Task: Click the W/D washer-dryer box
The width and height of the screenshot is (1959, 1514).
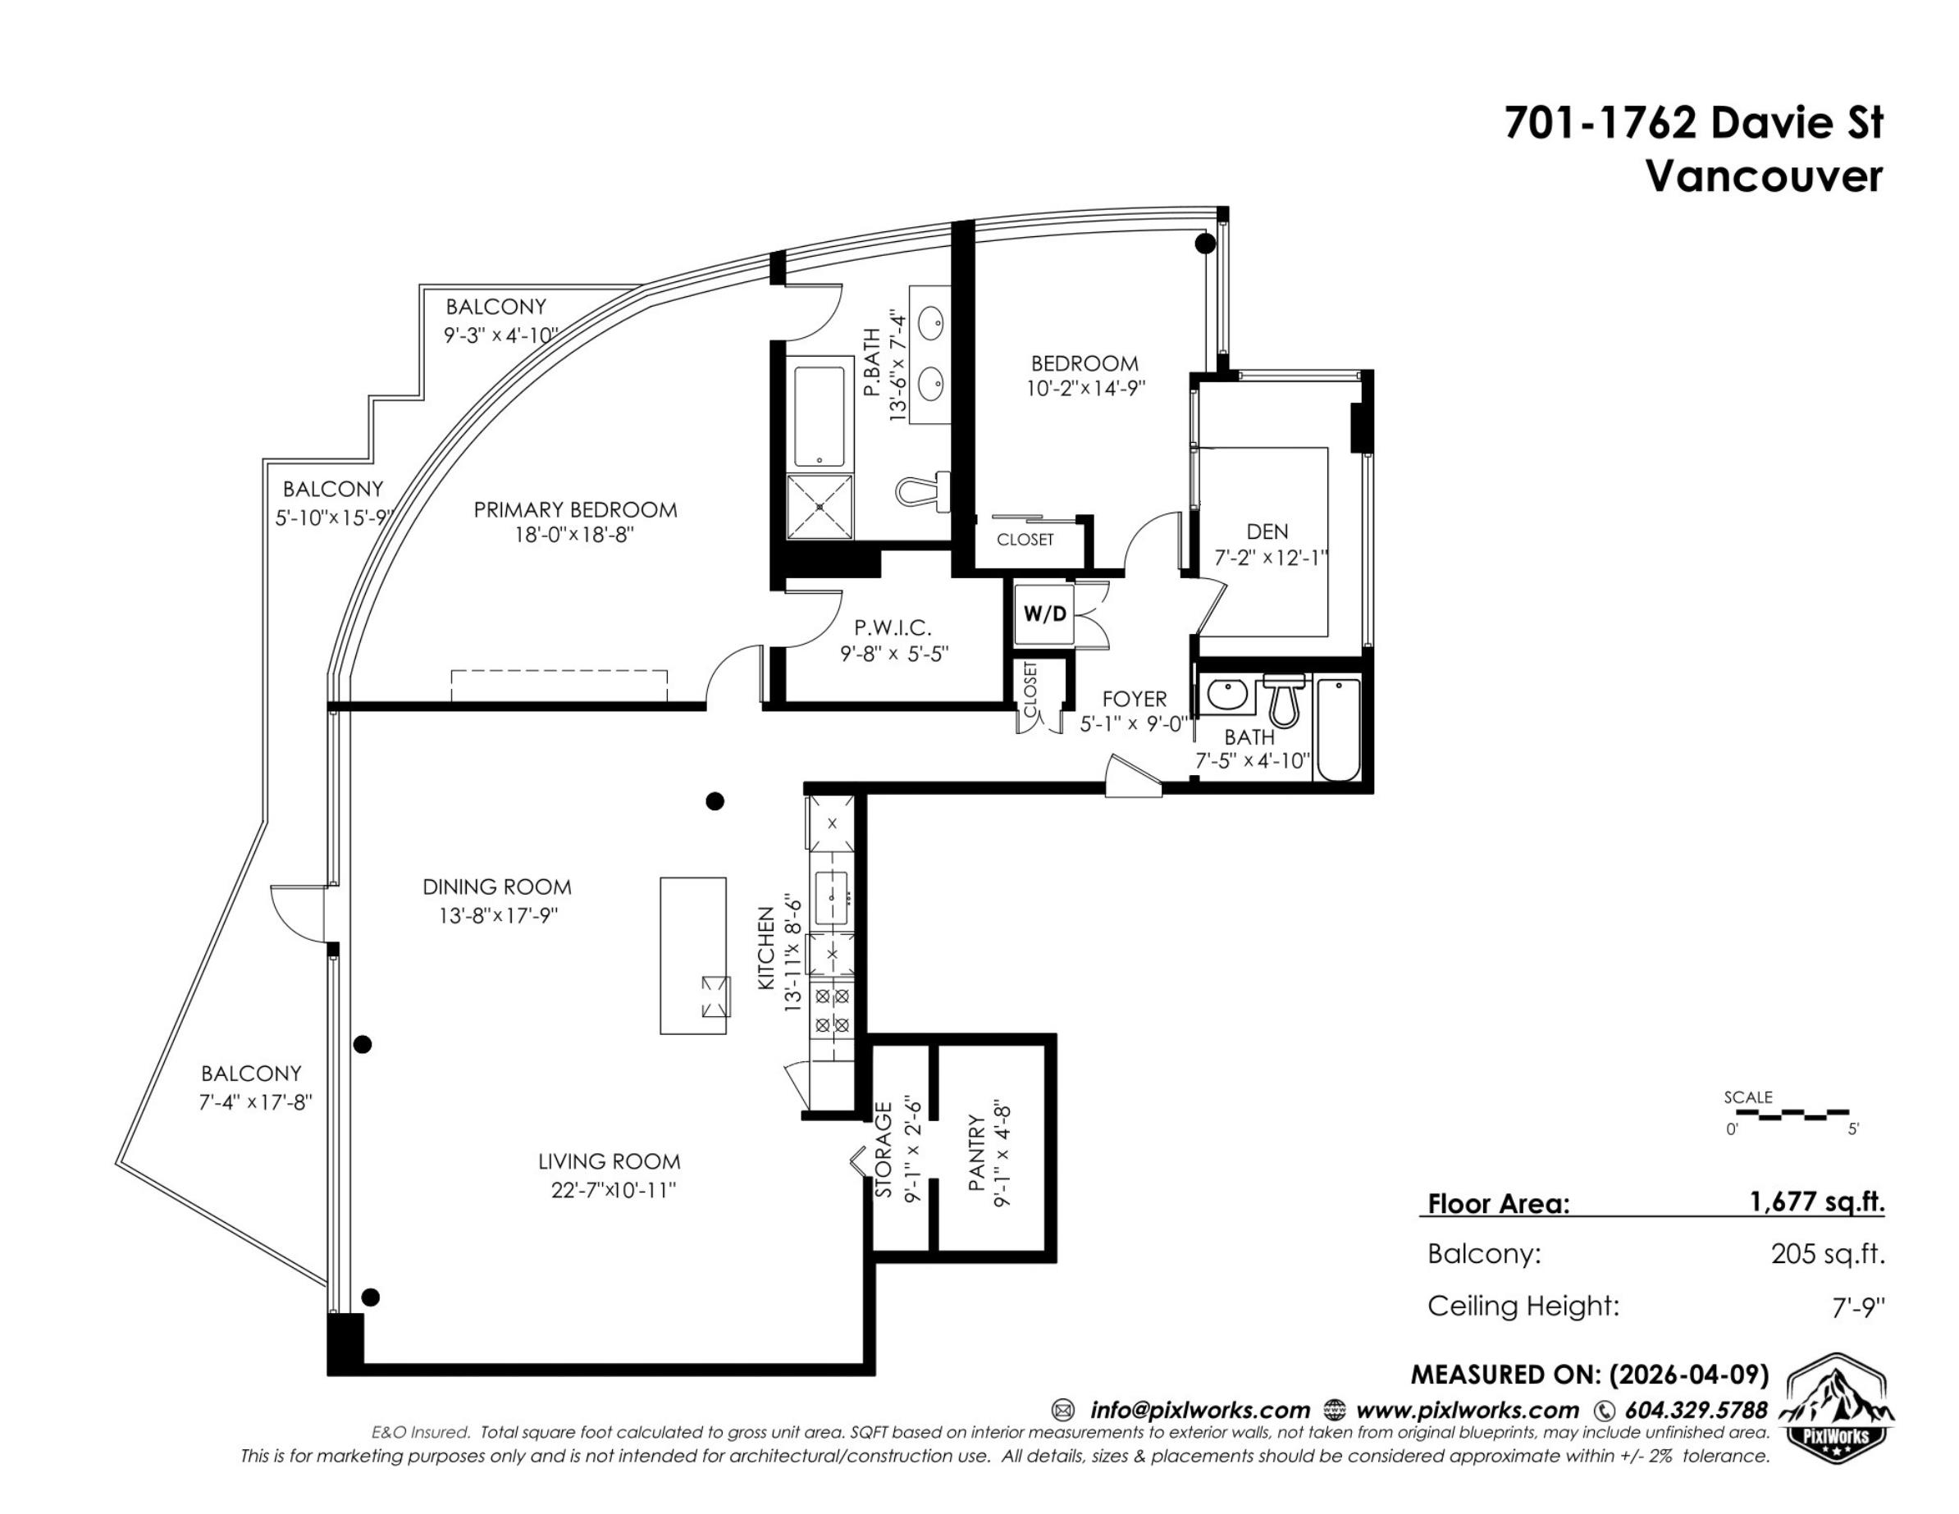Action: click(1045, 614)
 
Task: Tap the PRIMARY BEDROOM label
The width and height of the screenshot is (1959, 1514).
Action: click(575, 510)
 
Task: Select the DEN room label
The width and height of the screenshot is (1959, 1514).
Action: click(1267, 532)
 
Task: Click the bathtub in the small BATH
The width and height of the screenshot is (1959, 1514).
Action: click(1337, 730)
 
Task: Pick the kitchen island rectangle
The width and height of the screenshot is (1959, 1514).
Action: click(693, 955)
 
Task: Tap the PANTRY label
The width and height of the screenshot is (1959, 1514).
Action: click(977, 1153)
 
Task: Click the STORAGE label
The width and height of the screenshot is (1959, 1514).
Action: click(884, 1150)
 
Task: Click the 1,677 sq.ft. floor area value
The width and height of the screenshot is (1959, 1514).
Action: click(1816, 1201)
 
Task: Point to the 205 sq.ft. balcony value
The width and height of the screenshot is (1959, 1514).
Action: click(1828, 1253)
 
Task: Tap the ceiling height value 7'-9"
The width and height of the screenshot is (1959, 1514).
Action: click(1857, 1307)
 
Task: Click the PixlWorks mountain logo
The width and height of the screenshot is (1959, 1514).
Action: click(1835, 1408)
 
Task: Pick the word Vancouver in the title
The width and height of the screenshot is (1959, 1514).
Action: click(1764, 176)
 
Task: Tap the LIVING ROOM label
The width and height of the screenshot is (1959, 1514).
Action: click(609, 1161)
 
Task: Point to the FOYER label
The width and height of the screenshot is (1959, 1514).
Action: click(1135, 699)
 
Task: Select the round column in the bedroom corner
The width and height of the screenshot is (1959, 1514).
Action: click(1206, 243)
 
